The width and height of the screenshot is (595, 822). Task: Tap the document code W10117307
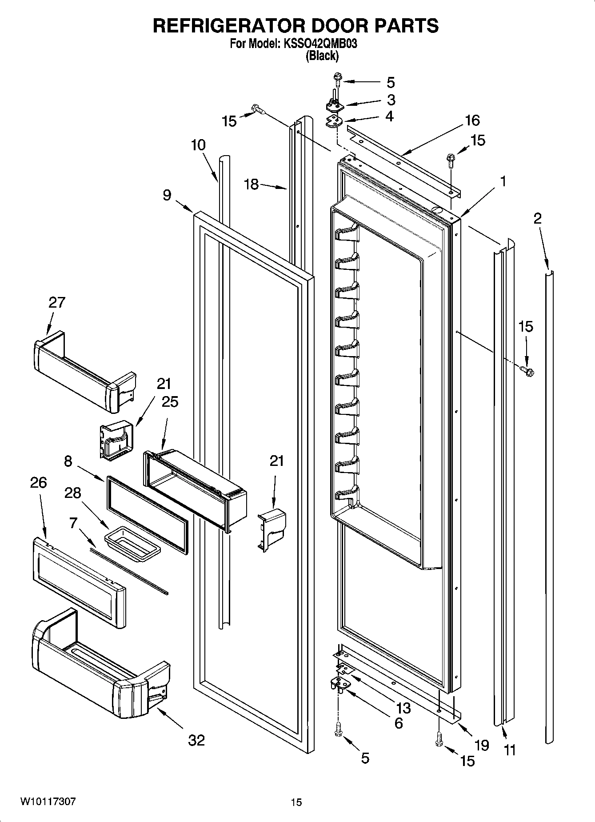pos(48,802)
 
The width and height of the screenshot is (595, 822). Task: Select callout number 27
pos(56,302)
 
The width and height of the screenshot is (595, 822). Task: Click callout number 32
pos(196,740)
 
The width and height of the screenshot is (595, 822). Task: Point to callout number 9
pos(167,195)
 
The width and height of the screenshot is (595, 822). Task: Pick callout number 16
pos(472,120)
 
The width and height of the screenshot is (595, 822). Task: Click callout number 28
pos(73,493)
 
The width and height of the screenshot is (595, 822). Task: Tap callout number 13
pos(403,707)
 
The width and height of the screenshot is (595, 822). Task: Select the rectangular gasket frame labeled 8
pos(147,513)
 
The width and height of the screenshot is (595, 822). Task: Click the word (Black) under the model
pos(322,56)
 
